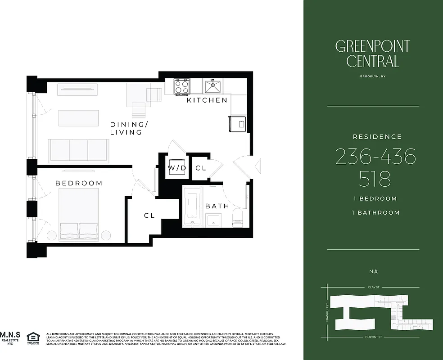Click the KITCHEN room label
[208, 100]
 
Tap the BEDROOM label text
[79, 183]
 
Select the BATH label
[217, 206]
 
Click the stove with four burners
[182, 86]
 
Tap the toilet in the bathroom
[238, 218]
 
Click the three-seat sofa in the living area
[79, 150]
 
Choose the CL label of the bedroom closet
[149, 216]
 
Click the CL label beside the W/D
[201, 168]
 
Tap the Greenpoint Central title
[372, 53]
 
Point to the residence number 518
[375, 179]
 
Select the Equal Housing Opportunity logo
[33, 338]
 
